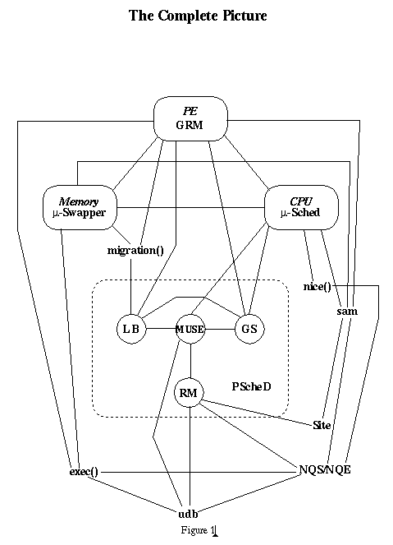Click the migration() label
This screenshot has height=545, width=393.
[x=135, y=251]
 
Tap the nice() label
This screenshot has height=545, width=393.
[x=317, y=287]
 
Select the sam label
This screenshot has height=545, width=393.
[x=347, y=311]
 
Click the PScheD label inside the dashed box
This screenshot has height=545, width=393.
[x=252, y=386]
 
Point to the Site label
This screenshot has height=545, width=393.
[x=322, y=425]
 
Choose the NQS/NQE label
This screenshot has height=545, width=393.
[x=325, y=469]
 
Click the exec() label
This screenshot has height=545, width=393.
[x=84, y=472]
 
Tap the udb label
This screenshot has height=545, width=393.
[x=188, y=514]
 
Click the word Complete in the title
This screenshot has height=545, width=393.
[x=189, y=16]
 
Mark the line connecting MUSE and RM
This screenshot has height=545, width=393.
[x=190, y=361]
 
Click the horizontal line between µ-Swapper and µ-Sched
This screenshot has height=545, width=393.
[x=191, y=208]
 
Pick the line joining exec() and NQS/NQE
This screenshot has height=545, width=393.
[x=200, y=473]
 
